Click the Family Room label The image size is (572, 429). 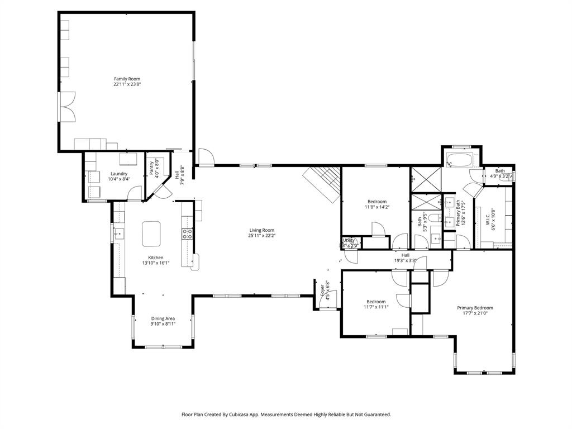click(x=127, y=79)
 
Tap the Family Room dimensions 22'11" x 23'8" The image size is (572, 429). click(x=127, y=85)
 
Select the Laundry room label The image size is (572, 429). click(x=119, y=174)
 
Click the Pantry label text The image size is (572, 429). click(x=151, y=168)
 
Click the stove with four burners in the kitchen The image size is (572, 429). click(x=188, y=234)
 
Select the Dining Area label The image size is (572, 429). click(x=163, y=318)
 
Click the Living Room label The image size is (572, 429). click(x=261, y=230)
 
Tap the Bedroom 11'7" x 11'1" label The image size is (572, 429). click(x=375, y=302)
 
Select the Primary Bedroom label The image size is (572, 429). click(x=475, y=308)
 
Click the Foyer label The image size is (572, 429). click(x=322, y=291)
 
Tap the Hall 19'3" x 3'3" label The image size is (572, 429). click(x=406, y=255)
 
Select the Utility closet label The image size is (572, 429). click(x=349, y=240)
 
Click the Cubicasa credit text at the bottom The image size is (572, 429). click(x=286, y=414)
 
